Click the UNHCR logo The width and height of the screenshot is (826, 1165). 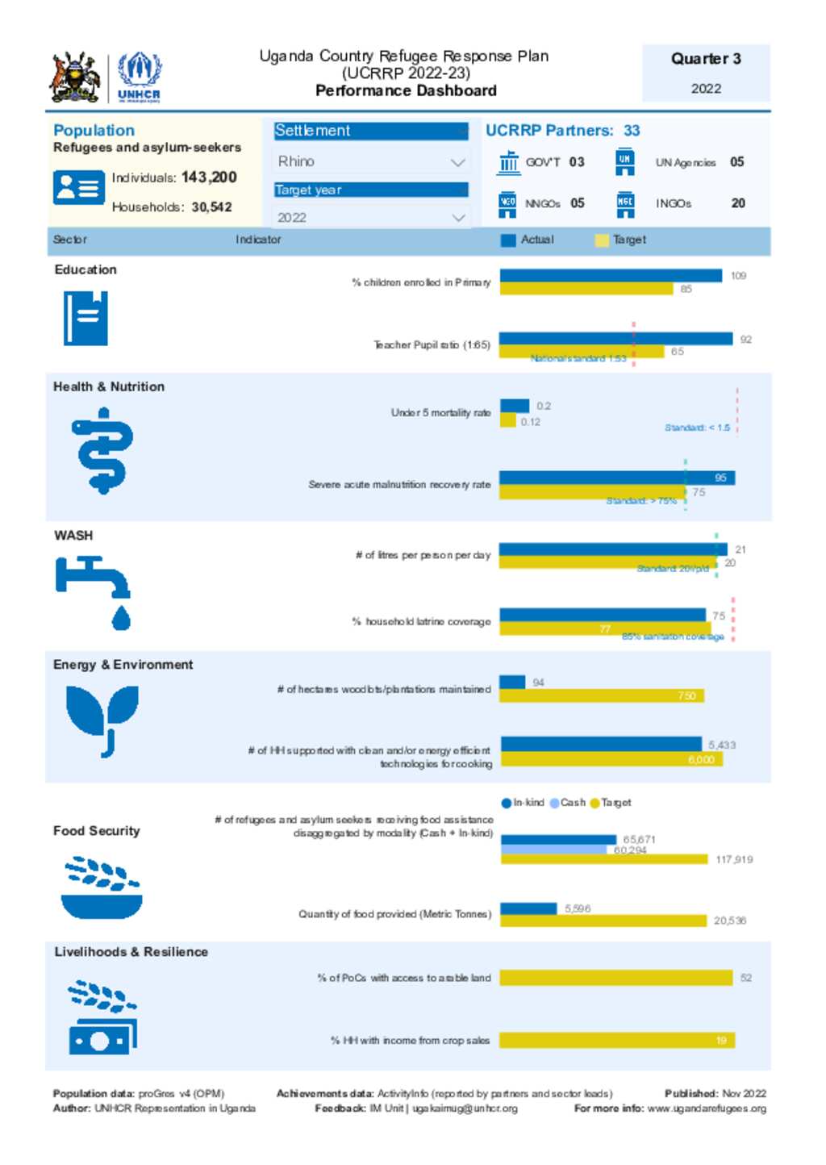[139, 77]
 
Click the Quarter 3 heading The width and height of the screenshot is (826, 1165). [706, 59]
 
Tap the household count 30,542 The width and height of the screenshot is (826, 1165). [211, 207]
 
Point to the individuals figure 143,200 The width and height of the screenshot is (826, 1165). [209, 177]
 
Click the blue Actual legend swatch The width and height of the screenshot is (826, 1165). [508, 240]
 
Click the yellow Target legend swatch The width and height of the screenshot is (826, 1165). [601, 240]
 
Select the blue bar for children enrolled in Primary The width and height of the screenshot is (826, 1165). [611, 276]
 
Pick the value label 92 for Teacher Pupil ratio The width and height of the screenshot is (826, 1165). [745, 340]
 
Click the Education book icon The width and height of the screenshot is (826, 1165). [86, 319]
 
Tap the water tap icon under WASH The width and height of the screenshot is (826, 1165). [94, 591]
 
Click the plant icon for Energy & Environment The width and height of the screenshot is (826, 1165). [102, 719]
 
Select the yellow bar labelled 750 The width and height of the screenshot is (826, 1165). [601, 695]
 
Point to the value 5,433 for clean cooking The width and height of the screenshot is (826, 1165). [722, 745]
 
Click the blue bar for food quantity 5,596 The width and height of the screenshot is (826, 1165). [528, 908]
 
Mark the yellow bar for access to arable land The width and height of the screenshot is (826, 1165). [616, 978]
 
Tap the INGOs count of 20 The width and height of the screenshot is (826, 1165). [738, 203]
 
